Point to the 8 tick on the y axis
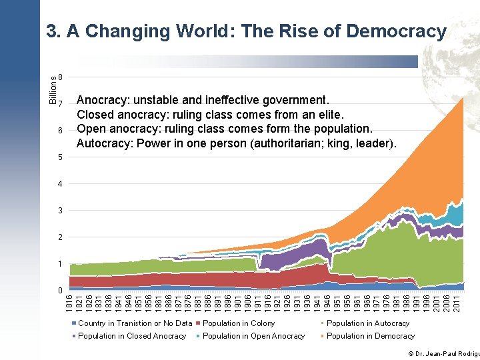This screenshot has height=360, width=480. click(x=61, y=77)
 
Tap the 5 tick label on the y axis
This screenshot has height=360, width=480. click(x=61, y=157)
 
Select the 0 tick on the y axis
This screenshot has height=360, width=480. click(x=61, y=291)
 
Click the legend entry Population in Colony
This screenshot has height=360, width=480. click(x=238, y=323)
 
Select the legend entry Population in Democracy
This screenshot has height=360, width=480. click(x=370, y=336)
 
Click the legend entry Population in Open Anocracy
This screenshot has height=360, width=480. click(x=253, y=336)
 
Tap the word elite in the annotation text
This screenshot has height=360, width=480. click(x=328, y=115)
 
